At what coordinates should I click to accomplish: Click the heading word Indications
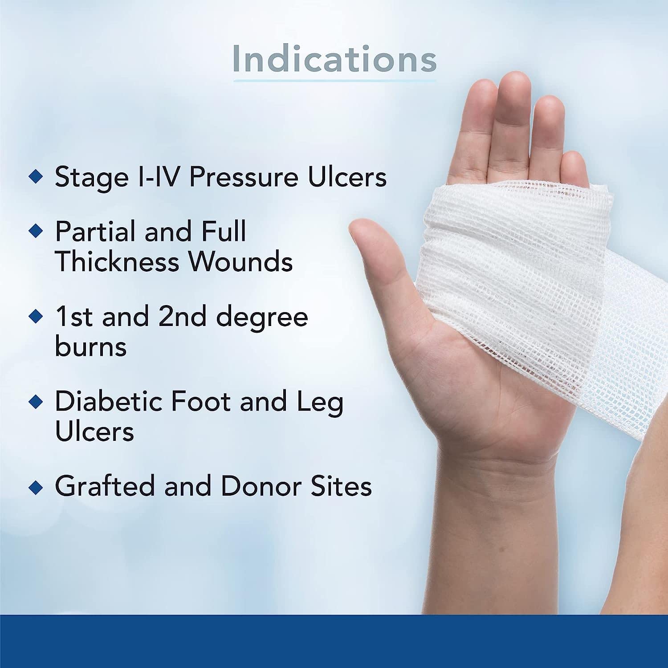(x=334, y=59)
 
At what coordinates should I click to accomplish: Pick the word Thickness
(x=116, y=261)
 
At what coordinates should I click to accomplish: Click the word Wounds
(x=241, y=261)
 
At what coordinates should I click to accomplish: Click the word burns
(x=90, y=346)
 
